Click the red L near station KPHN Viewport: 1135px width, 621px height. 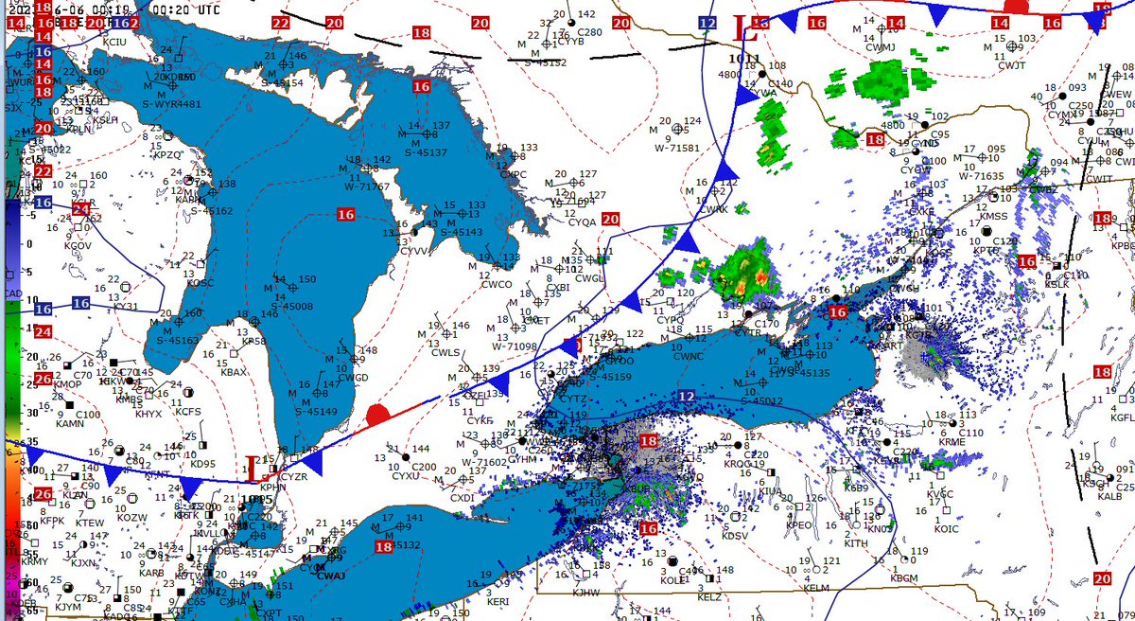click(252, 465)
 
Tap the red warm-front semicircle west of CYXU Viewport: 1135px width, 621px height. click(377, 414)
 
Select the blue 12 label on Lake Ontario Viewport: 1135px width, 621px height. click(685, 397)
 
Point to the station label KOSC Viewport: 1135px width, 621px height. click(201, 283)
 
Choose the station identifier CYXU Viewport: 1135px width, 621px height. click(406, 476)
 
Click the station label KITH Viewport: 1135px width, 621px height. click(855, 543)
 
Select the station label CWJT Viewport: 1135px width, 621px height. click(1011, 65)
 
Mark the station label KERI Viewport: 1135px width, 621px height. click(498, 601)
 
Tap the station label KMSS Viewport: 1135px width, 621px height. click(994, 217)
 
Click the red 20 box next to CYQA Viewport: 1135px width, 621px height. click(609, 220)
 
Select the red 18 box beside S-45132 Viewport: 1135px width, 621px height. click(384, 546)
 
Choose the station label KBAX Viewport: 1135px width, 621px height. click(233, 373)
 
